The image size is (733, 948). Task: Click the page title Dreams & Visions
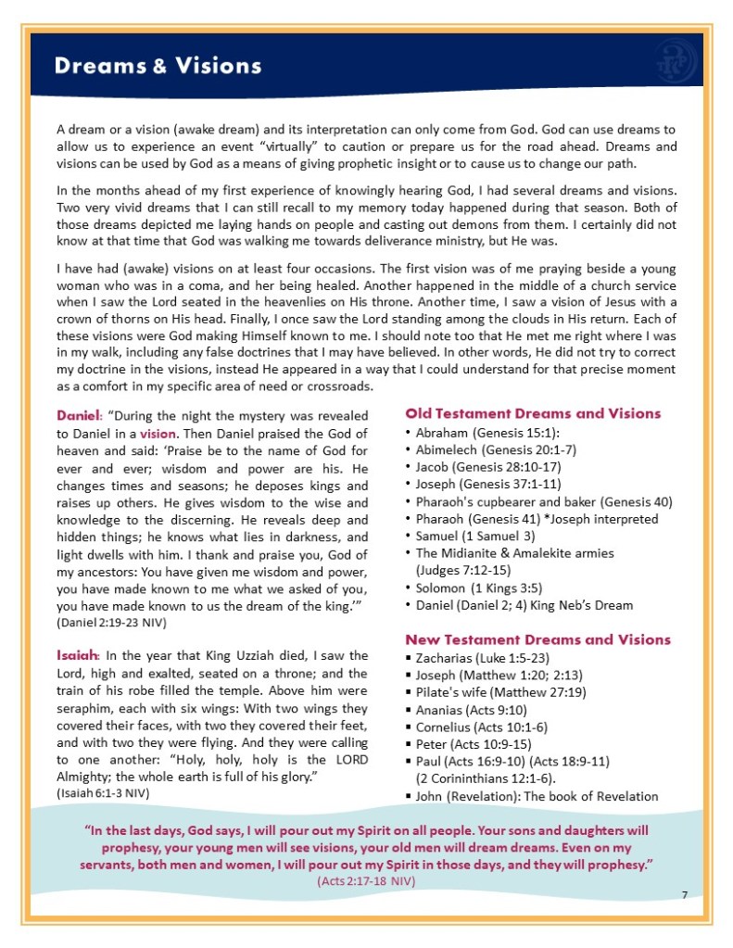(158, 67)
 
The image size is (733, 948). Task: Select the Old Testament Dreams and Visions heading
(533, 413)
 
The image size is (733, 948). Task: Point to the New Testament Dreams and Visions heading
(537, 639)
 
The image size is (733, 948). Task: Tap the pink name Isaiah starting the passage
(76, 656)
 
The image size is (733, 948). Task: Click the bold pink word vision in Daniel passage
(158, 433)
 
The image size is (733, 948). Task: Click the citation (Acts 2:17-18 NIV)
(367, 880)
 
